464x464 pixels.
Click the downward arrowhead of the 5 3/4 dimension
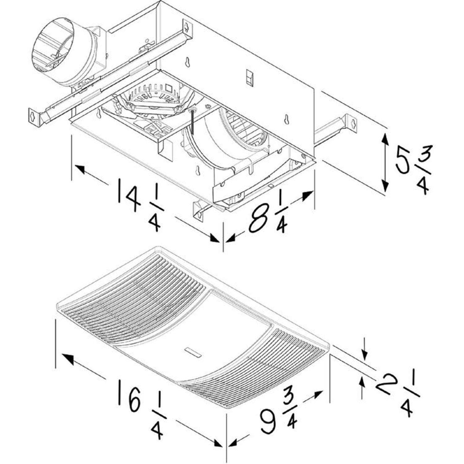point(385,186)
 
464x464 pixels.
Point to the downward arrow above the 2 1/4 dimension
point(365,354)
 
